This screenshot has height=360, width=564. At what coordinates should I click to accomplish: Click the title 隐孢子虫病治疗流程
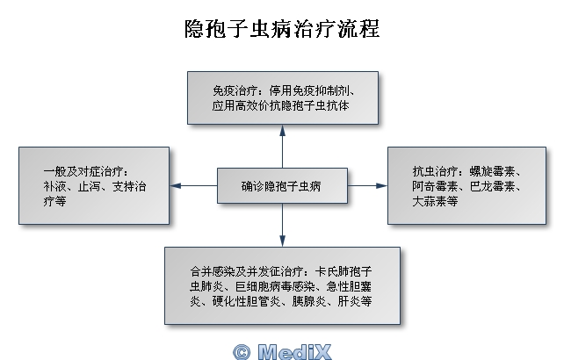(x=282, y=29)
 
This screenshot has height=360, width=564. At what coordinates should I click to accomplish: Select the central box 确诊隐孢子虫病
(x=282, y=186)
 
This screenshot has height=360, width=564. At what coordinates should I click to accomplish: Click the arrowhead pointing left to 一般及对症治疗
(x=175, y=186)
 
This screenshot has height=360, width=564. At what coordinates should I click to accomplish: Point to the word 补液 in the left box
(x=54, y=186)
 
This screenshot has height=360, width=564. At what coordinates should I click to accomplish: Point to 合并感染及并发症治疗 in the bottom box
(x=241, y=270)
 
